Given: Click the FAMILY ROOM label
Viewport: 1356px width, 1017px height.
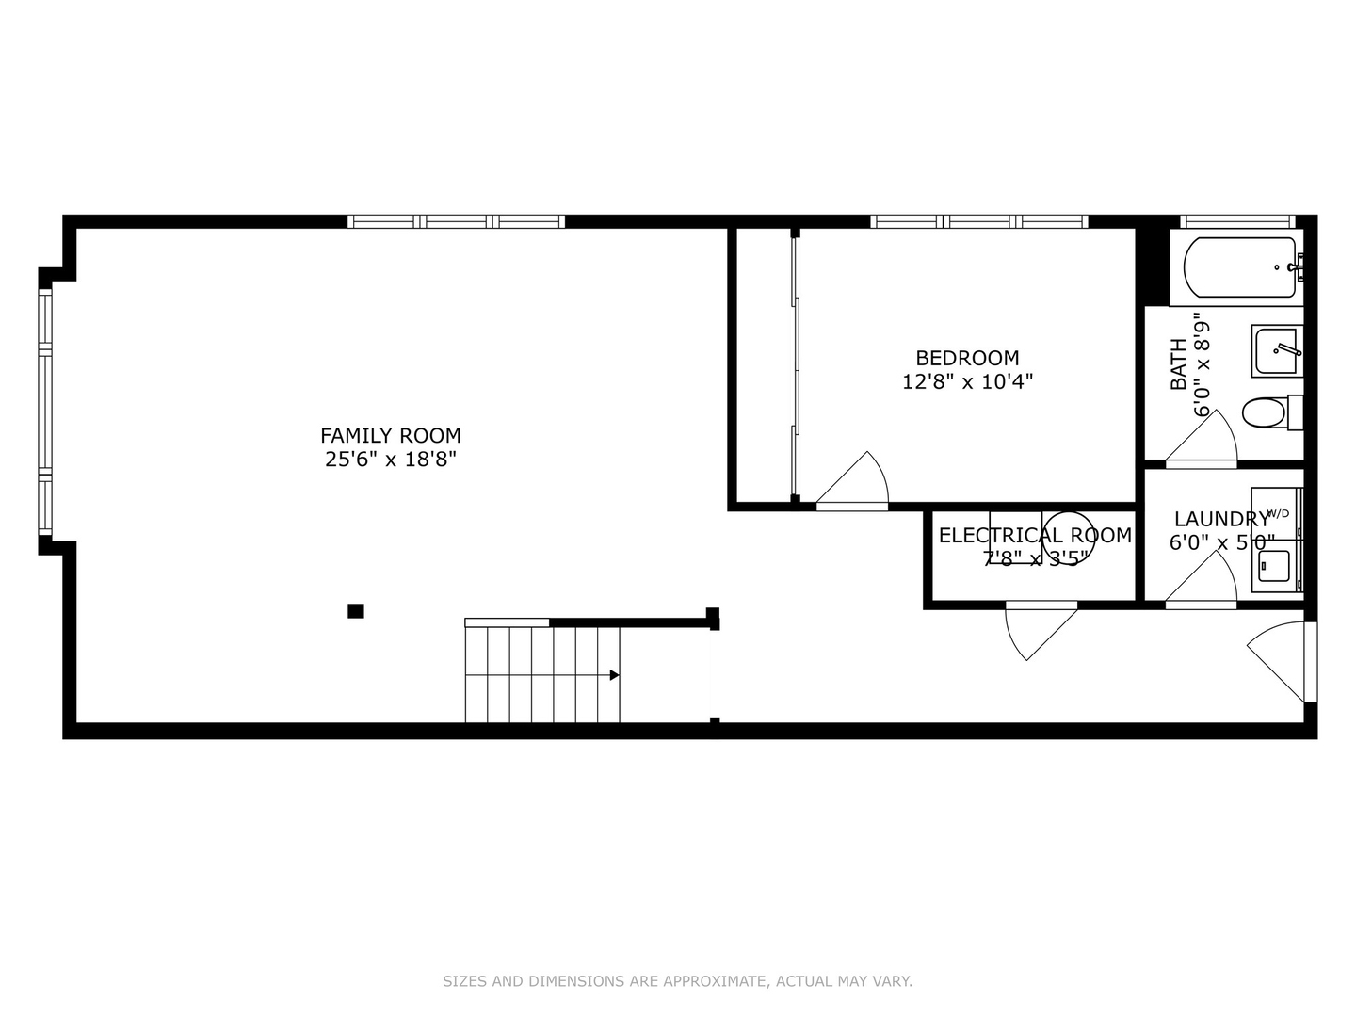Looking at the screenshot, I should coord(391,435).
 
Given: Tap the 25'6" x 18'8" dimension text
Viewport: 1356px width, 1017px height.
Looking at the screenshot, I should coord(391,460).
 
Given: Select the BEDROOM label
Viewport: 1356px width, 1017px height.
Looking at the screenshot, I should coord(967,358).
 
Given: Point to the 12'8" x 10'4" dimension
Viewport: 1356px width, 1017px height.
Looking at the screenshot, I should coord(967,381).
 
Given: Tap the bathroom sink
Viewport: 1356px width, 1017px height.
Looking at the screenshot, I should coord(1277,351).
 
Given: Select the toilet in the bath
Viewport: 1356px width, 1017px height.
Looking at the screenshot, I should coord(1266,412).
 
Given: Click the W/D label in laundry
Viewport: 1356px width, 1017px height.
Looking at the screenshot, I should coord(1278,513).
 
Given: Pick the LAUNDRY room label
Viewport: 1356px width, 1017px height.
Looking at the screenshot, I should coord(1220,519).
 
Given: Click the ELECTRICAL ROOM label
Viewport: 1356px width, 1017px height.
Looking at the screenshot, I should coord(1035,535).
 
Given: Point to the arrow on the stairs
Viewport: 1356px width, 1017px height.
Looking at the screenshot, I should coord(614,675).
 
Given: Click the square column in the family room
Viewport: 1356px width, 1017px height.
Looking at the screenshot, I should coord(355,611).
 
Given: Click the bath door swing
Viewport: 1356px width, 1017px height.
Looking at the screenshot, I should coord(1205,438).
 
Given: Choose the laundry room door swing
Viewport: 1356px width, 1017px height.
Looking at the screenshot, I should coord(1205,576).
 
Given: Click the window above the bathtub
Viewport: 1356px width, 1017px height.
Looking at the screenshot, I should coord(1237,221).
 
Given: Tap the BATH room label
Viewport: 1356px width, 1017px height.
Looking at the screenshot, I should coord(1178,364).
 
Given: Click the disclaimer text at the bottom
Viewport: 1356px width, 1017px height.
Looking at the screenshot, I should coord(677,981).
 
